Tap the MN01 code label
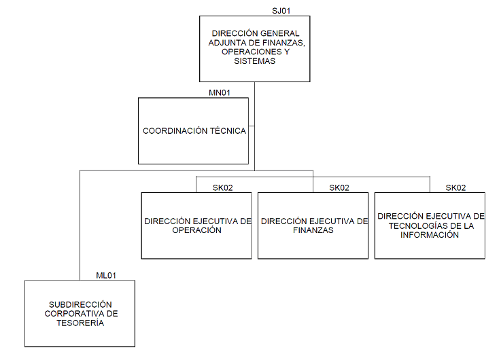pyautogui.click(x=220, y=93)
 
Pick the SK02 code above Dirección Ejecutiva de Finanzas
pyautogui.click(x=339, y=187)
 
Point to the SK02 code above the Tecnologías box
pyautogui.click(x=455, y=187)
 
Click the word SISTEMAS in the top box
pyautogui.click(x=254, y=61)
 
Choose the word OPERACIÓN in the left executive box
pyautogui.click(x=196, y=230)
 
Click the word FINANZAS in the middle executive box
pyautogui.click(x=313, y=230)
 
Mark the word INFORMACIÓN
pyautogui.click(x=429, y=235)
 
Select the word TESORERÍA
pyautogui.click(x=80, y=323)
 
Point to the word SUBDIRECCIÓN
pyautogui.click(x=80, y=305)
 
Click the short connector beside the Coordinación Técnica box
pyautogui.click(x=252, y=126)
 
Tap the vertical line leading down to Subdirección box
pyautogui.click(x=80, y=224)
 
